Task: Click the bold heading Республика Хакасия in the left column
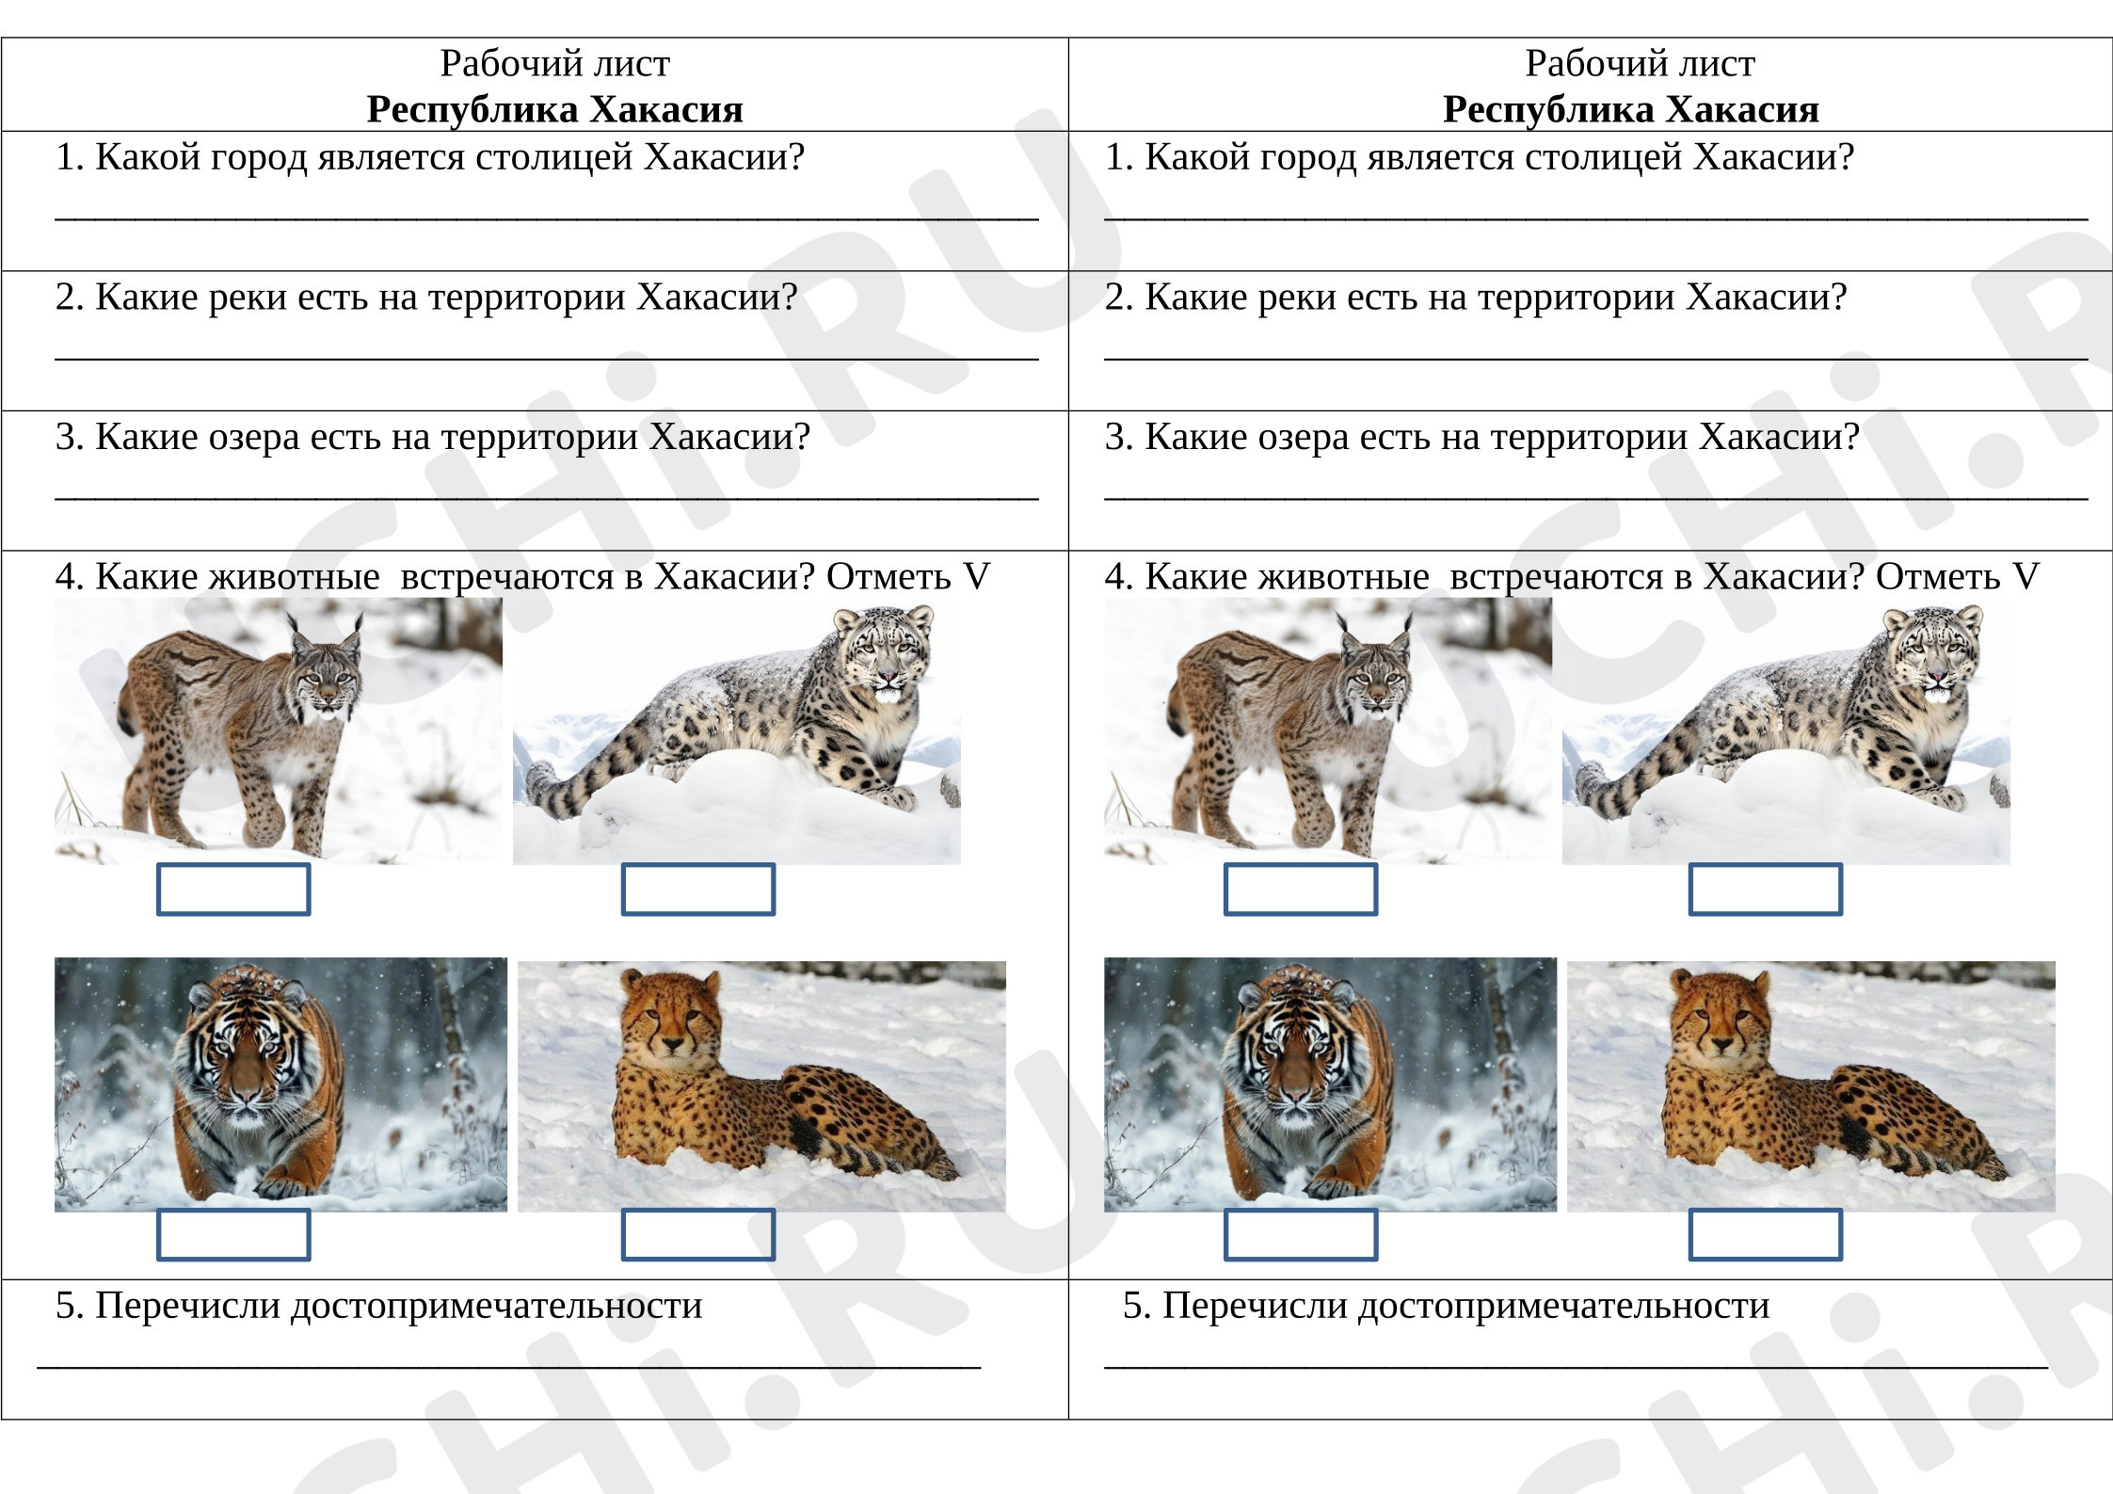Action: click(554, 110)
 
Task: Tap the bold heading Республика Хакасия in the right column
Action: click(1630, 110)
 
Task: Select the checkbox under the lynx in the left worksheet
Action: click(233, 890)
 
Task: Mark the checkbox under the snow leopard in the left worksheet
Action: click(698, 890)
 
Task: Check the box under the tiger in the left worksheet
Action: click(233, 1234)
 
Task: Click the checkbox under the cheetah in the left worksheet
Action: click(698, 1234)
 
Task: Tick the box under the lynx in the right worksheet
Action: click(1301, 890)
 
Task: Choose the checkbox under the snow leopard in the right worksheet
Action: click(1766, 890)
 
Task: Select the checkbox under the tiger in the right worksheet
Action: click(1301, 1234)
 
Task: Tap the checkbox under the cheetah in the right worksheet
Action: click(1766, 1234)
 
